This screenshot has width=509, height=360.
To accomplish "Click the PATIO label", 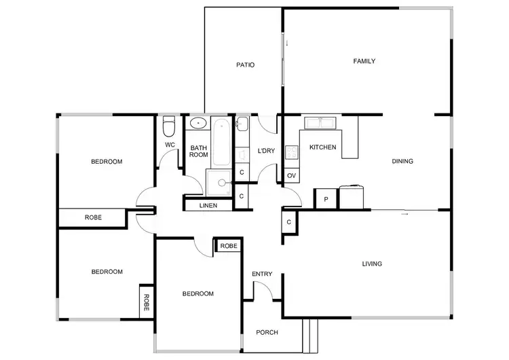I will pos(245,65).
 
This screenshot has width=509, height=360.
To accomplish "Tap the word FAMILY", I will pos(364,61).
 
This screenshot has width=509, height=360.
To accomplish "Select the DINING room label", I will pos(402,161).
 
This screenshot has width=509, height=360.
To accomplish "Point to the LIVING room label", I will pos(372,264).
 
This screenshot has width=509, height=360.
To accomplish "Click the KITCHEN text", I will pos(322,147).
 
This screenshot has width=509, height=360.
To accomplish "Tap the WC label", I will pos(170,145).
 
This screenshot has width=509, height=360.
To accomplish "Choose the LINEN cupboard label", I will pos(208,205).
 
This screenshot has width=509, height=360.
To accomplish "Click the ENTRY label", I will pos(262,274).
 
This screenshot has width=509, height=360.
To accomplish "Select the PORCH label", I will pos(267,332).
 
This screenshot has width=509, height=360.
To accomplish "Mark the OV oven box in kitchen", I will pos(291,176).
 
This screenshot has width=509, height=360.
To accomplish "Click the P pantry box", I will pos(326,199).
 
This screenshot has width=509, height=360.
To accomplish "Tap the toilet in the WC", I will pos(170,126).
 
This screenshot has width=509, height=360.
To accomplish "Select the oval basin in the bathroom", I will pos(198,124).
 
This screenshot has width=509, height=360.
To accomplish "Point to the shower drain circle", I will pos(219,181).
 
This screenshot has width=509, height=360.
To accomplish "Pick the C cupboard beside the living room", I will pos(289,222).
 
